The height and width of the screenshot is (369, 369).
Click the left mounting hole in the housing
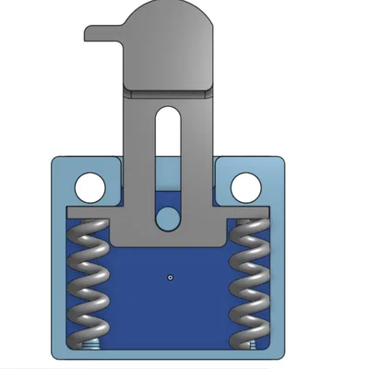coord(89,187)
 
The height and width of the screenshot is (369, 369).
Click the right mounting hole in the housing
coord(245,187)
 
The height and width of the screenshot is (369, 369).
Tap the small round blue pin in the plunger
coord(167,217)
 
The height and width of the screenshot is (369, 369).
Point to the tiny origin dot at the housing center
coord(171,276)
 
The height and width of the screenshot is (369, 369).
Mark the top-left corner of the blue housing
coord(52,160)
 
